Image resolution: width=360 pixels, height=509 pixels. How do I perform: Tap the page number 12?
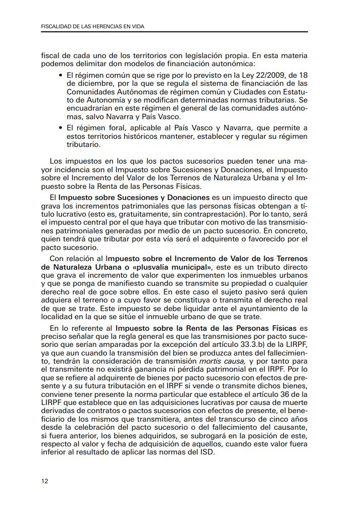[x=44, y=481]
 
